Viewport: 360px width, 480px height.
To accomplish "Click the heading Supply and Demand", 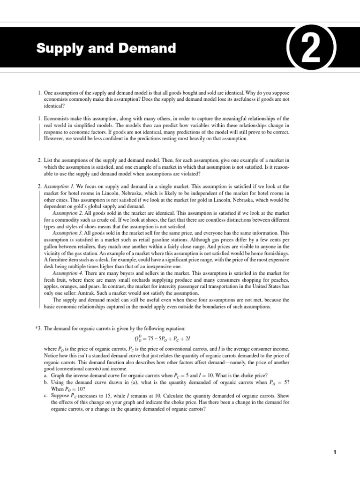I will pos(106,48).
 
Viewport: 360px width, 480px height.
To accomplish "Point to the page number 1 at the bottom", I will pos(335,452).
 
